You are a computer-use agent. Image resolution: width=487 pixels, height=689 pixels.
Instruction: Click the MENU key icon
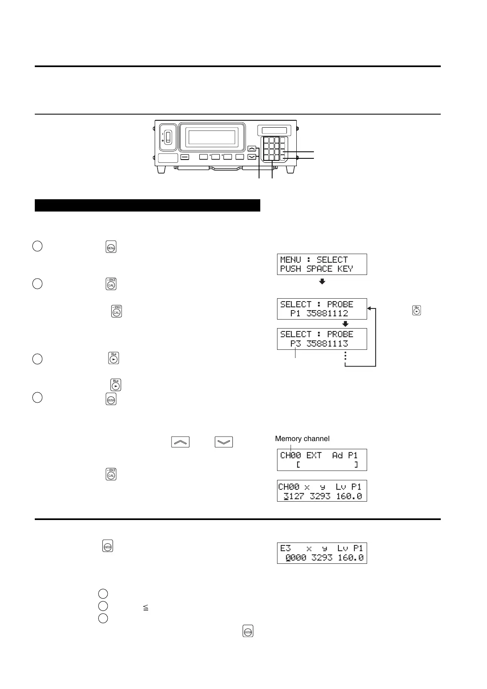tap(111, 247)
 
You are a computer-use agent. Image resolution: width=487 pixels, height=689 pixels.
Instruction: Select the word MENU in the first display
tap(290, 260)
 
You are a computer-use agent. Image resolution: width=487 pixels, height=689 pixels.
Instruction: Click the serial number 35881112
tap(327, 313)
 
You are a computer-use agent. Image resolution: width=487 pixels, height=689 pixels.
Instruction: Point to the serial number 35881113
tap(327, 343)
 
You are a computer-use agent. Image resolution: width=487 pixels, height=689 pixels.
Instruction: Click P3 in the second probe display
tap(295, 343)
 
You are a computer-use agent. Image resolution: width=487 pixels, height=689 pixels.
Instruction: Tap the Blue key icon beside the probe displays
tap(416, 311)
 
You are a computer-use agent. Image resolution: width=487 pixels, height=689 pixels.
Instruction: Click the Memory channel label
tap(302, 439)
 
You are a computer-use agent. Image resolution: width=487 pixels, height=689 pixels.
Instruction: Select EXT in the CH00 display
tap(314, 455)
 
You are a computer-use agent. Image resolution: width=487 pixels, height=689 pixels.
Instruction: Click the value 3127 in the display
tap(293, 496)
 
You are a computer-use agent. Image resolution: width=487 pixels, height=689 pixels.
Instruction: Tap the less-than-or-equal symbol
tap(146, 608)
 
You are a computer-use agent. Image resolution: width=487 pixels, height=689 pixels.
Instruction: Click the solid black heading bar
tap(147, 205)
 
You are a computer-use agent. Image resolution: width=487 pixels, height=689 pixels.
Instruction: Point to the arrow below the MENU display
tap(322, 281)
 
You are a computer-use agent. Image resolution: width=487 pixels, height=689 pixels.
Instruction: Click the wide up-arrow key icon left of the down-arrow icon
tap(180, 442)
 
